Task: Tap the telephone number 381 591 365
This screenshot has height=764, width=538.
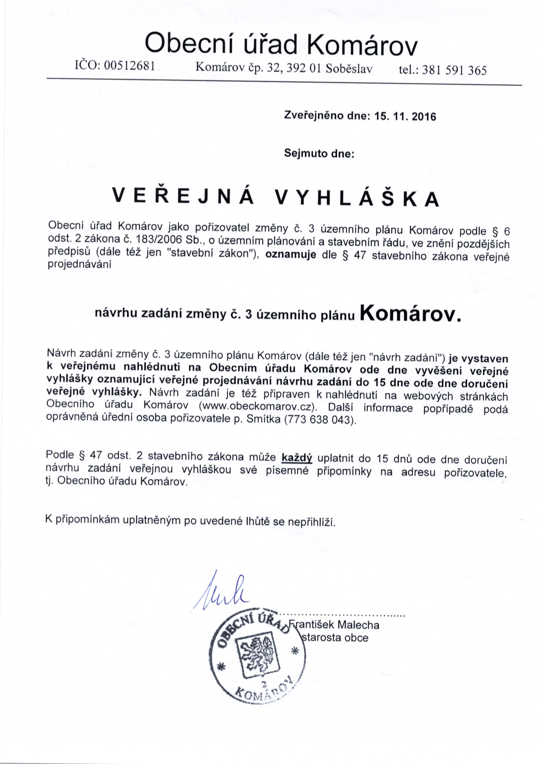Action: [454, 70]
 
